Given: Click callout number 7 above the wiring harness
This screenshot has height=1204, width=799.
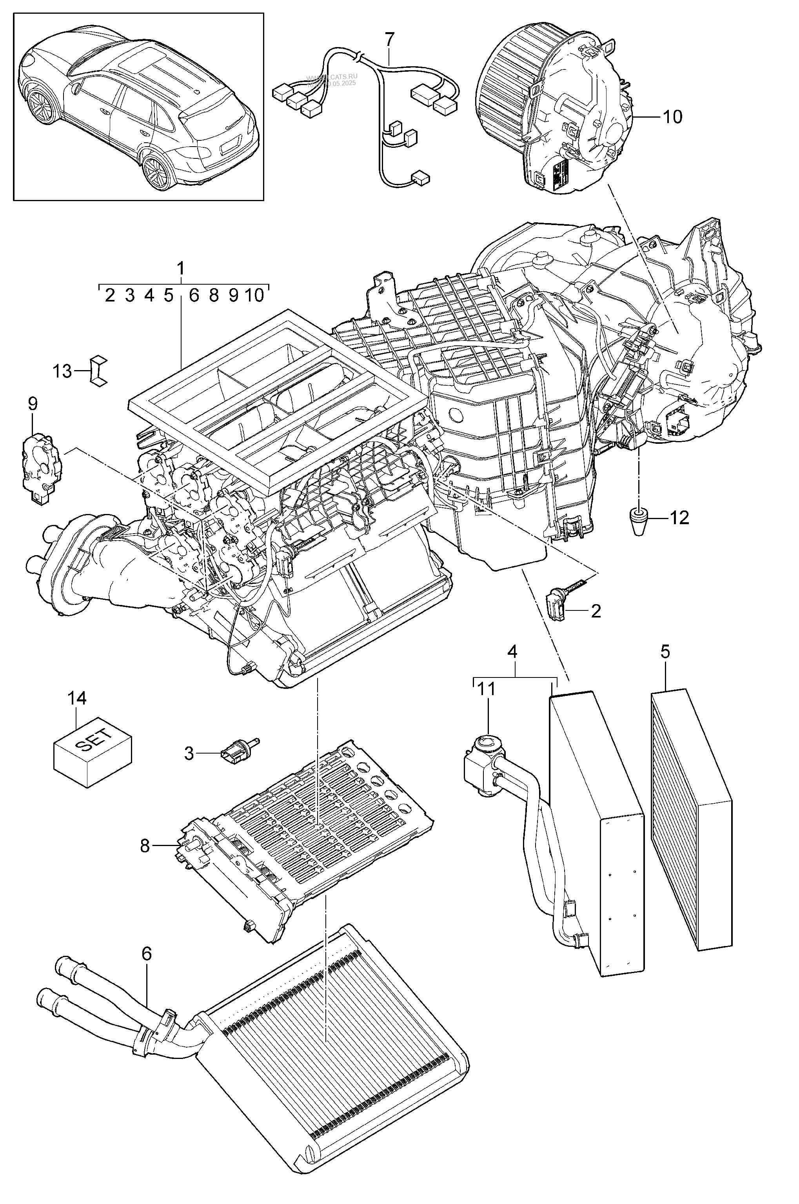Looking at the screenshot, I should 389,39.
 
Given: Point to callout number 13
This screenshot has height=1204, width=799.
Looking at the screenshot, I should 63,371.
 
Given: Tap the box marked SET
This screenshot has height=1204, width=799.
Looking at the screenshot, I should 93,753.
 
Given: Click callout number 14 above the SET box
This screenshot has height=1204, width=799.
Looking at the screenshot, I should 78,699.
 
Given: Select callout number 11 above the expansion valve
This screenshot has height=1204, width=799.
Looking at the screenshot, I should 486,689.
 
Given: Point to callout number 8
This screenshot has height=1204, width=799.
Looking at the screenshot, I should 145,847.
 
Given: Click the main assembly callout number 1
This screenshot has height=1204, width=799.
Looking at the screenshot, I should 181,268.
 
